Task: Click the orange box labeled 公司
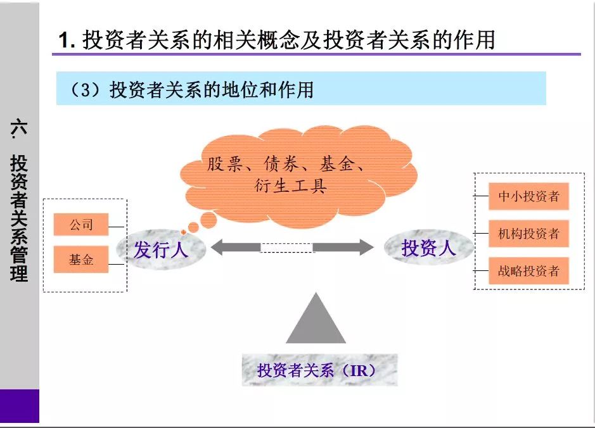(x=81, y=225)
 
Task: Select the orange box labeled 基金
(x=81, y=260)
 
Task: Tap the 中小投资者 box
(x=528, y=196)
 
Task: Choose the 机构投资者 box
(x=528, y=234)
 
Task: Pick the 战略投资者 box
(x=528, y=271)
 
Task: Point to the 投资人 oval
(x=429, y=248)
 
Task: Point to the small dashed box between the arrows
(x=286, y=248)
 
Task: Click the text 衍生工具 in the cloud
(x=289, y=186)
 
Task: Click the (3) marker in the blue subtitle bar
(x=83, y=90)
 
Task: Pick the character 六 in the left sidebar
(x=19, y=127)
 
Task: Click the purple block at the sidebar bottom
(x=19, y=406)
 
